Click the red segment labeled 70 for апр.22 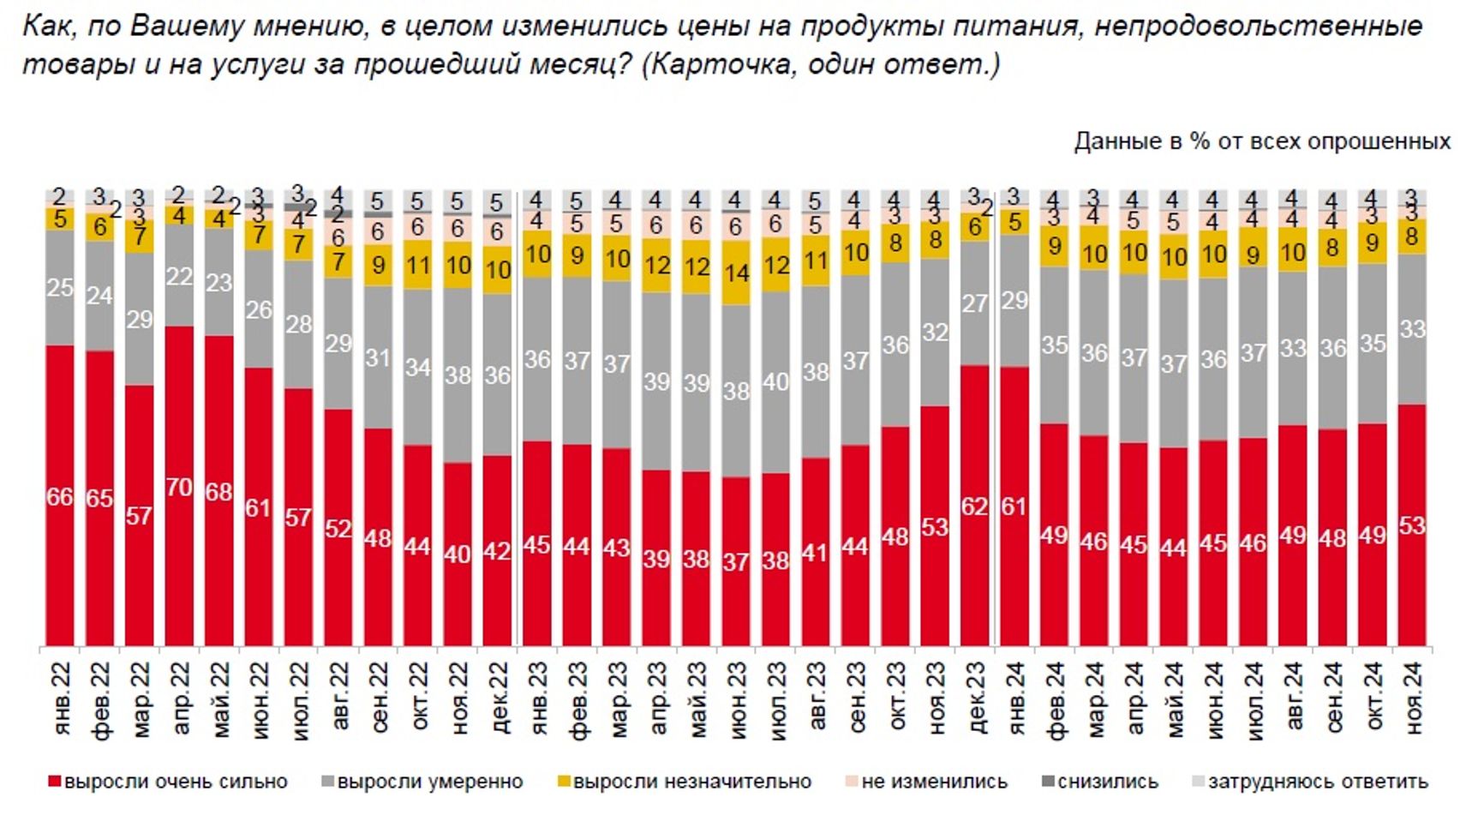(179, 486)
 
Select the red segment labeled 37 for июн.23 (736, 561)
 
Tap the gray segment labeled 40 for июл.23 (775, 382)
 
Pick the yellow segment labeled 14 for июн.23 (736, 273)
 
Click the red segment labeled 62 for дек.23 (974, 506)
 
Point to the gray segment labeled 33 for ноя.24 (1412, 328)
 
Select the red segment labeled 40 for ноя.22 (458, 554)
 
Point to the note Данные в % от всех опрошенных (1262, 141)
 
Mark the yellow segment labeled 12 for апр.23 (656, 265)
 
